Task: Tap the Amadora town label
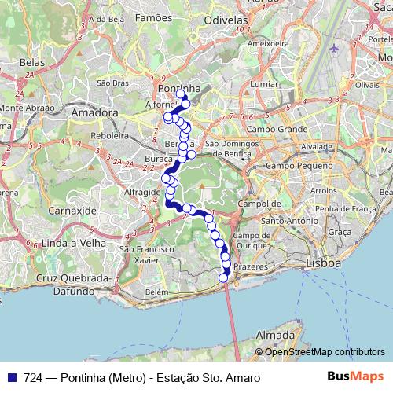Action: click(94, 113)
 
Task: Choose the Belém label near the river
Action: click(157, 292)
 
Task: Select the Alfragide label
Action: click(142, 191)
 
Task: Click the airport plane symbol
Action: click(334, 48)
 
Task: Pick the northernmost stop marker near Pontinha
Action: click(181, 94)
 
